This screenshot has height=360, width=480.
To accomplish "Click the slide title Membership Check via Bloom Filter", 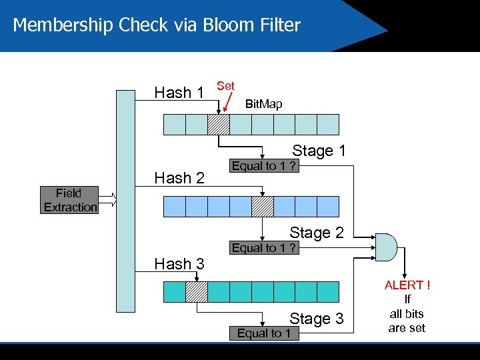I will [x=157, y=25].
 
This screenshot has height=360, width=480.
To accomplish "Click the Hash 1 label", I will [x=179, y=93].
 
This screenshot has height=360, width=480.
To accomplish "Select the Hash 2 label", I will [x=179, y=177].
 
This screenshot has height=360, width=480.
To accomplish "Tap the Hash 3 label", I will [x=179, y=263].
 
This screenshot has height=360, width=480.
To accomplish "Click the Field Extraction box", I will [x=69, y=200].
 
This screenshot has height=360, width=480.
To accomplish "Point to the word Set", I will [x=226, y=86].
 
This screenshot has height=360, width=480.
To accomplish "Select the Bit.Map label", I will [x=263, y=104].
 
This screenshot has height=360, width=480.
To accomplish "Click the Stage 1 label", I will [x=319, y=151].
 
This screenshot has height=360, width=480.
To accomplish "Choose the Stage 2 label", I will [x=316, y=233].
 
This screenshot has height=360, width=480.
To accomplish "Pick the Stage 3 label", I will [x=316, y=319].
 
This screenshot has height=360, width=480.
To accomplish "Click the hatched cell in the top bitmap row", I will [x=219, y=125].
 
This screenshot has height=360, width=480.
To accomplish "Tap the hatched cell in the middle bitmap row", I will [x=263, y=207].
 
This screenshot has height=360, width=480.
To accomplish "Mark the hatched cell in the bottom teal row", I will [x=197, y=291].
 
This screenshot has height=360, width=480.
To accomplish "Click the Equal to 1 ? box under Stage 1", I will [x=264, y=166].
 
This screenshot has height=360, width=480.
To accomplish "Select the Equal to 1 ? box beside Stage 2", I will [x=264, y=248].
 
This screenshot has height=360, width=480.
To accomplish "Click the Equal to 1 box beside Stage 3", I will [x=264, y=333].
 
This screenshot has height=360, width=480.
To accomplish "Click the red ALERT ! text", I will [x=407, y=285].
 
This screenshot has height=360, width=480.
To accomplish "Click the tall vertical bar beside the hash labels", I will [x=125, y=201].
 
